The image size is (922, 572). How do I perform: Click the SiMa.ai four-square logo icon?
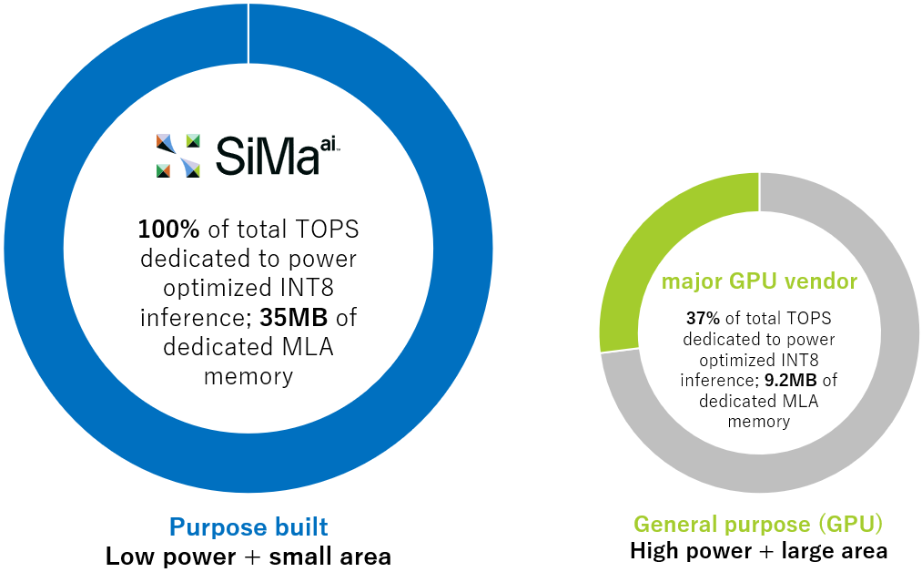coord(177,155)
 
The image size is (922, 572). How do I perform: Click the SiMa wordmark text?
coord(266,156)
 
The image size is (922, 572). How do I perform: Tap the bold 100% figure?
coord(168,229)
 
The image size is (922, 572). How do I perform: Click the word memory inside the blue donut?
coord(248,376)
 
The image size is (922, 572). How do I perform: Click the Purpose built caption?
coord(248,526)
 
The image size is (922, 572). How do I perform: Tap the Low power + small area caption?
coord(248,556)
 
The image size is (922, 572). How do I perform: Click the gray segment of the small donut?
coord(874,364)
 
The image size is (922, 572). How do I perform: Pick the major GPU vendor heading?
coord(759,281)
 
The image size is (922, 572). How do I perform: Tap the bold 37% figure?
coord(703,319)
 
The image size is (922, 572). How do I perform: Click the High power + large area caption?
coord(759,550)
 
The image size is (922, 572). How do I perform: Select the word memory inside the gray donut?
coord(759,422)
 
